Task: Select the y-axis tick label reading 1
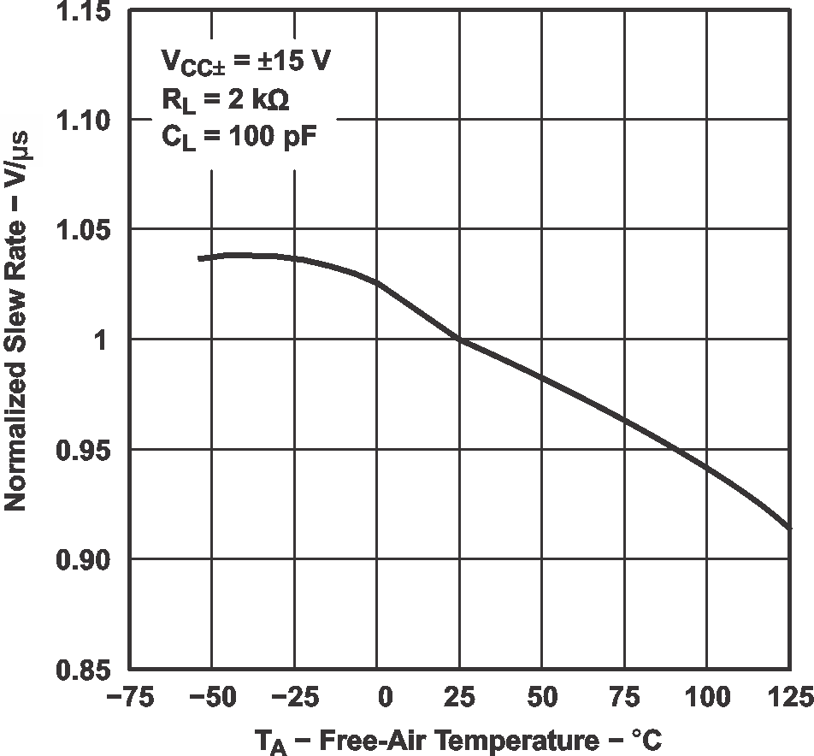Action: (x=101, y=340)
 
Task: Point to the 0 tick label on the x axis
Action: (x=383, y=700)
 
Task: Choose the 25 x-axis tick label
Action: (x=460, y=700)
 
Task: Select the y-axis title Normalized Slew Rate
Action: (x=16, y=342)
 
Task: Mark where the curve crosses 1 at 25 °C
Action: (x=460, y=340)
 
